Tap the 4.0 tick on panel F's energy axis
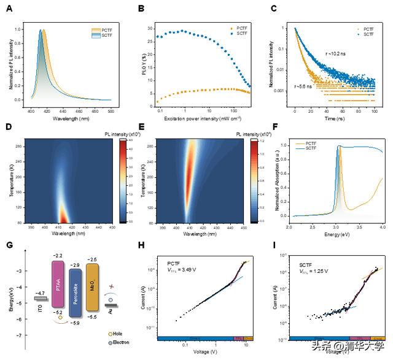382,227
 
